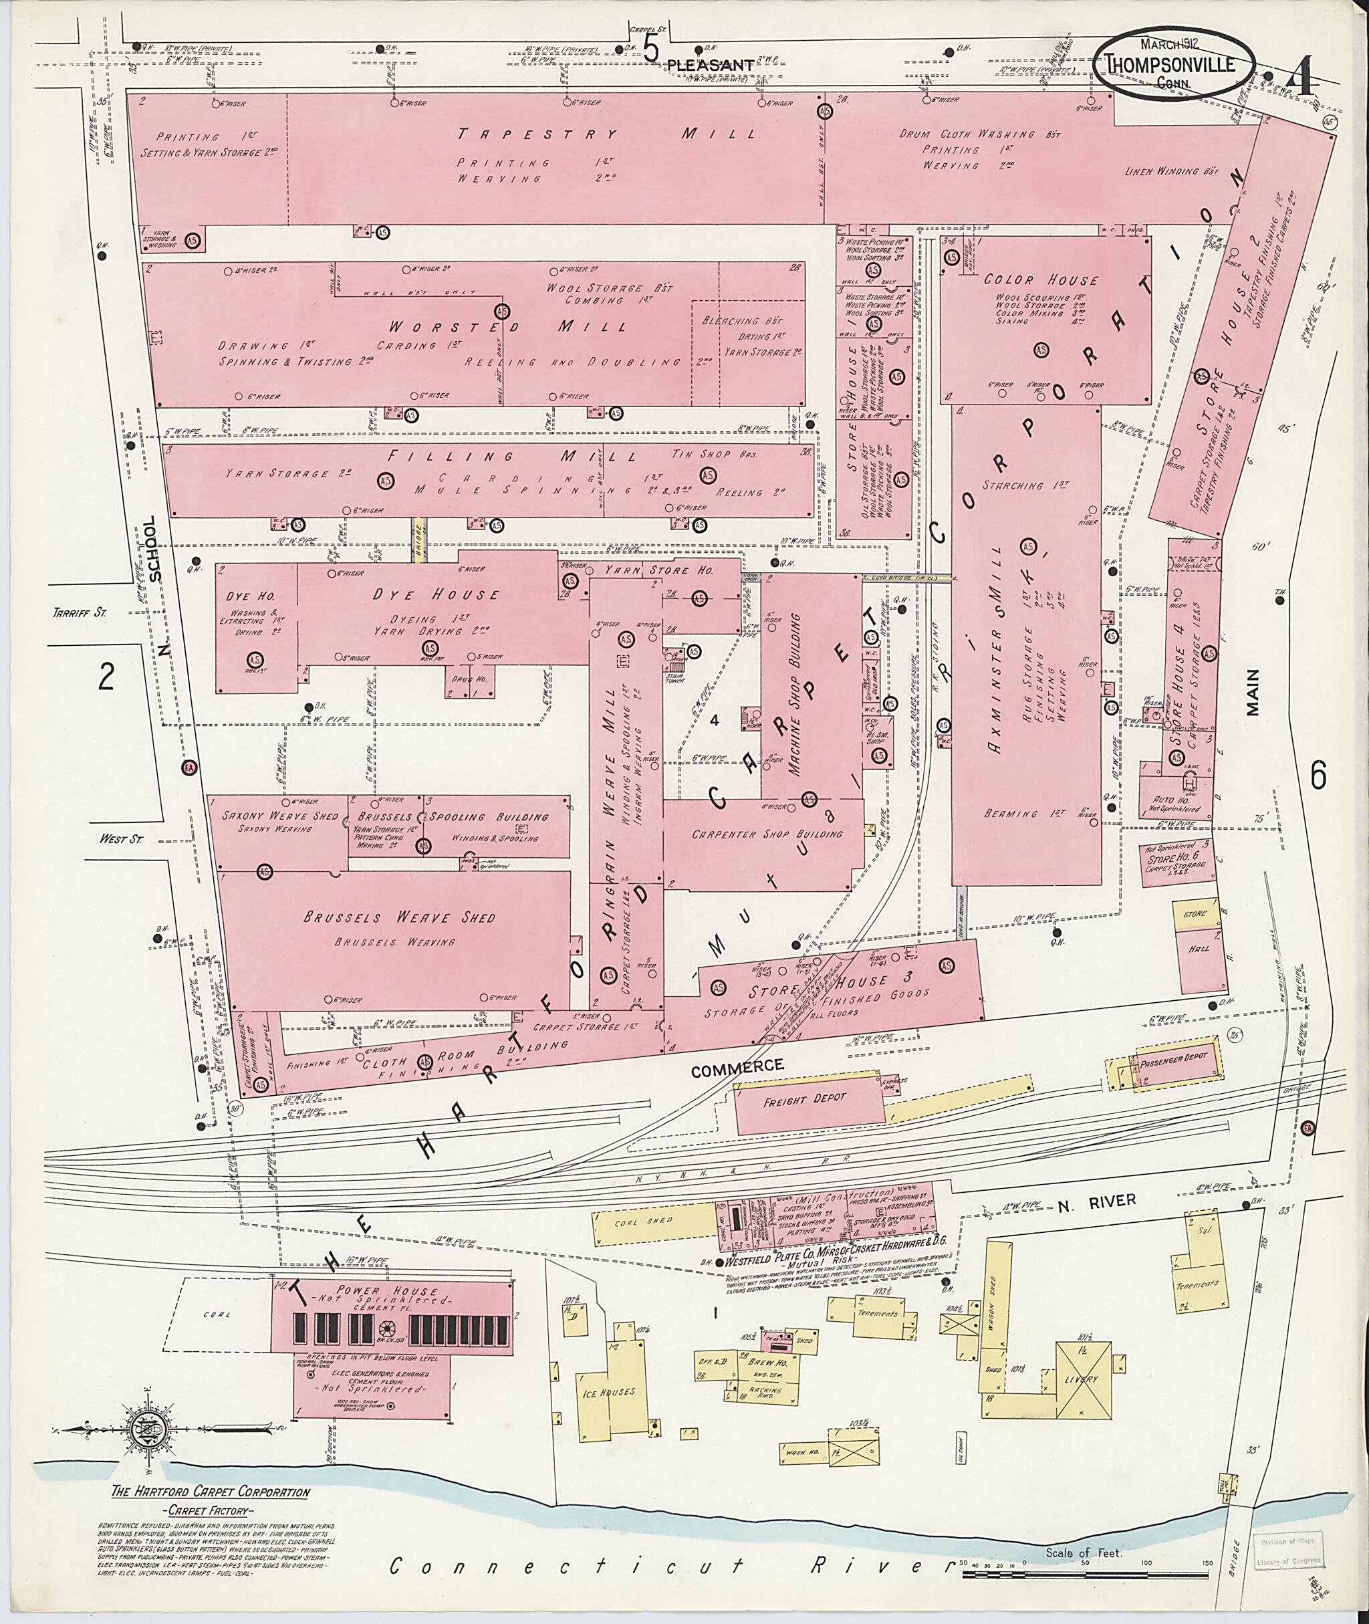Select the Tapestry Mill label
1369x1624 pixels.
606,134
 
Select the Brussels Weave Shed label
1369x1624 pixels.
399,919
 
